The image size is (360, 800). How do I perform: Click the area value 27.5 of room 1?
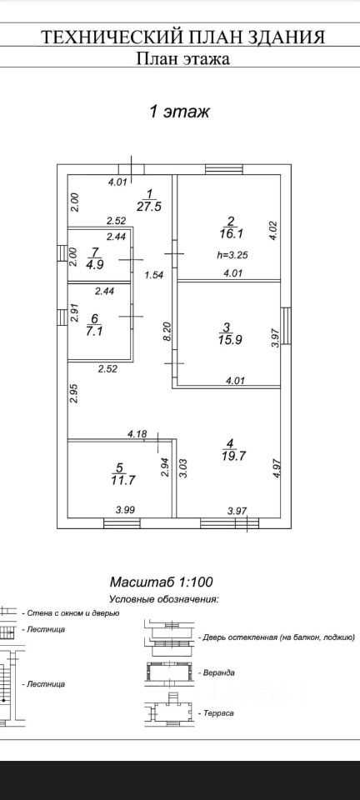coord(149,205)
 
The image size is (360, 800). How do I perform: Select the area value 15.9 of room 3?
coord(227,338)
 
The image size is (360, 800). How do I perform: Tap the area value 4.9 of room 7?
coord(94,264)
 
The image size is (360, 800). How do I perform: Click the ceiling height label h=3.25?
coord(232,256)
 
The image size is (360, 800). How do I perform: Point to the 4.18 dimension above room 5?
coord(137,434)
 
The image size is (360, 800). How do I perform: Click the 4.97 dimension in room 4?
coord(277,467)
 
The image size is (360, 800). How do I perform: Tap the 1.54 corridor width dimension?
coord(154,275)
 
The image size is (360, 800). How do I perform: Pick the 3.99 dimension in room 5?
coord(126,508)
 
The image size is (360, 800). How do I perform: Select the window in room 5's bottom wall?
coord(122,523)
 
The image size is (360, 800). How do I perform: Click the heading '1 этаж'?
coord(178,111)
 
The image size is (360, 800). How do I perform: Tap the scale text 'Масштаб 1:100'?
coord(161,581)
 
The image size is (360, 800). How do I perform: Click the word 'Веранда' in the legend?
coord(219,673)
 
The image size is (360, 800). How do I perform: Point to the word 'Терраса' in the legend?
coord(218,712)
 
